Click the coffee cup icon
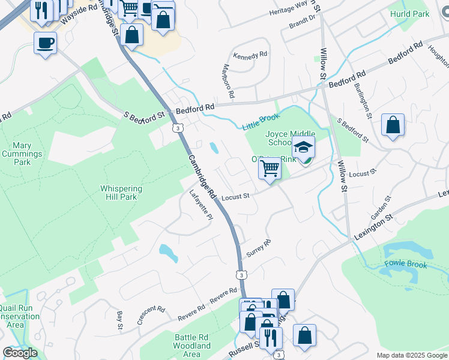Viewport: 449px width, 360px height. click(x=45, y=43)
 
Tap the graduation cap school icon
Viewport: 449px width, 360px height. click(x=304, y=147)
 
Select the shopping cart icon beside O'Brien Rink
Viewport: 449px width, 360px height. click(x=270, y=168)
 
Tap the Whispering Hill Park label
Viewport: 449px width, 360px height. click(x=122, y=192)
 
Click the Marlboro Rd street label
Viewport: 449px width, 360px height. click(x=229, y=82)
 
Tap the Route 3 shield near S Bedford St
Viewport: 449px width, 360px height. click(x=176, y=128)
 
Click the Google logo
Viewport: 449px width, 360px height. click(x=20, y=353)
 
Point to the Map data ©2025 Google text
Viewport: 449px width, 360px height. click(x=411, y=355)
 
